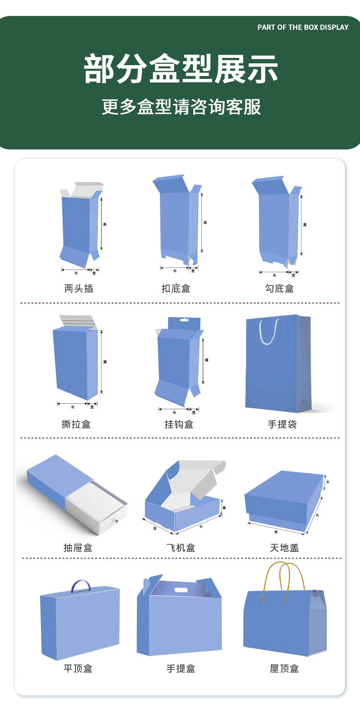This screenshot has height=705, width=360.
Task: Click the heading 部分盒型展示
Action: tap(181, 69)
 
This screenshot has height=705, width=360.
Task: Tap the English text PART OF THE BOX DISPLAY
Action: tap(303, 27)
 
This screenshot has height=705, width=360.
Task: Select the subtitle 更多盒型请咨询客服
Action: tap(181, 107)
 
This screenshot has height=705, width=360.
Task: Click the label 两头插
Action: tap(79, 288)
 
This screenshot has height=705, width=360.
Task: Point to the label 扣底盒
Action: tap(175, 288)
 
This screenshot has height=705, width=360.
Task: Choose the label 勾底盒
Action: tap(279, 288)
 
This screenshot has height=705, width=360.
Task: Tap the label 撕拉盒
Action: tap(76, 424)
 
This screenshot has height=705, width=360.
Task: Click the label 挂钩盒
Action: tap(179, 424)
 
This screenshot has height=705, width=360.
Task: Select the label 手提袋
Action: tap(282, 424)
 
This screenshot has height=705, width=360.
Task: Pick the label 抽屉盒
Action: tap(77, 548)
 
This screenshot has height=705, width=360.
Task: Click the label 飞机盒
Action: tap(180, 548)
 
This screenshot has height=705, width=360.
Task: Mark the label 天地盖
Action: tap(284, 548)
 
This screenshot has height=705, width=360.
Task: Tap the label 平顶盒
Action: tap(77, 669)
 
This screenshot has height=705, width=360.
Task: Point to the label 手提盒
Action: tap(180, 669)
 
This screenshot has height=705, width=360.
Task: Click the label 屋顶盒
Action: tap(284, 669)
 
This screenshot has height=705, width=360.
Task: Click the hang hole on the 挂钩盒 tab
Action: tap(184, 320)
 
